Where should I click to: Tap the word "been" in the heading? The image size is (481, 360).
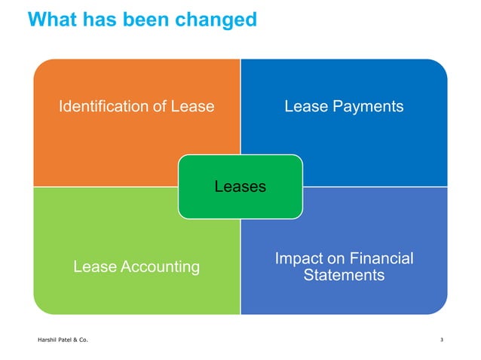(x=149, y=19)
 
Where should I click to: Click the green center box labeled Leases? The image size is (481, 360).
(x=240, y=186)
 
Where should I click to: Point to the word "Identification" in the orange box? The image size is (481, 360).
(x=104, y=106)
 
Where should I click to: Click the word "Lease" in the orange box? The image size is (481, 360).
(x=194, y=106)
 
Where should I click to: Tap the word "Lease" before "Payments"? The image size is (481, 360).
(x=305, y=106)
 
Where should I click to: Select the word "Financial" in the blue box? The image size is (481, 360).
(x=381, y=258)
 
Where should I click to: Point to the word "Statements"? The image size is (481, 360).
(x=343, y=276)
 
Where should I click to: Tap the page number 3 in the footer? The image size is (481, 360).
(x=441, y=341)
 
